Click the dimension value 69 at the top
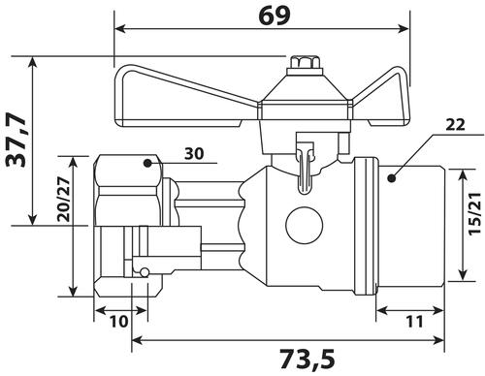point(275,16)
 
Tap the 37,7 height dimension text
point(16,141)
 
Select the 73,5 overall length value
point(307,359)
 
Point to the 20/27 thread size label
point(63,200)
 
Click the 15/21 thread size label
point(475,213)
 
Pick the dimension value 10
point(118,322)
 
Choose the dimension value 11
point(414,322)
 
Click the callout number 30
point(194,154)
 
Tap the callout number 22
point(455,125)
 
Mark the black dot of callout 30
point(147,163)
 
